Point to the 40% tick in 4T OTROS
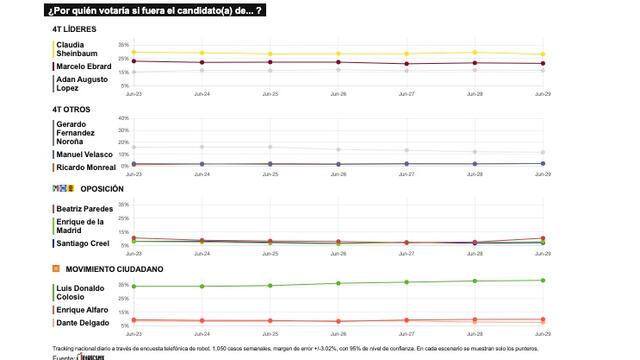124,118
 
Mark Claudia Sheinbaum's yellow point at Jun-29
542,54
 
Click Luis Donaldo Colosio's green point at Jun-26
338,283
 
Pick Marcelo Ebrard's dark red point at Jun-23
134,61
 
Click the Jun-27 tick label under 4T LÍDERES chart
406,93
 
